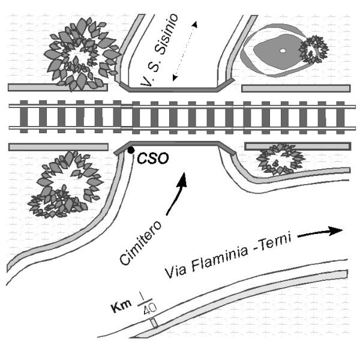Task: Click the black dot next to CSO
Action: pyautogui.click(x=131, y=150)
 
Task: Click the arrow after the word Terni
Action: pyautogui.click(x=320, y=232)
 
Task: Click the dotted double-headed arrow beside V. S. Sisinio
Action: pyautogui.click(x=184, y=50)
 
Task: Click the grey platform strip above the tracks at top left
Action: pyautogui.click(x=58, y=88)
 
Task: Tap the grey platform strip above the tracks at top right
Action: pyautogui.click(x=296, y=88)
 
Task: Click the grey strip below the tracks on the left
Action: pyautogui.click(x=58, y=146)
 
